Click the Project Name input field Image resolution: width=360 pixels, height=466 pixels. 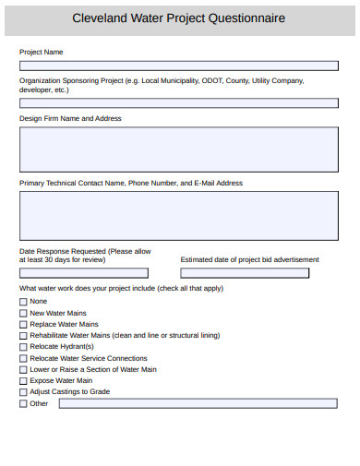coord(179,66)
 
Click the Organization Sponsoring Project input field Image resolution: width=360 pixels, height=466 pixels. coord(179,103)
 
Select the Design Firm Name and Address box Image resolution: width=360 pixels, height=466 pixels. coord(179,149)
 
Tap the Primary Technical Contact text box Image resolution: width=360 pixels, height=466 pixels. coord(179,215)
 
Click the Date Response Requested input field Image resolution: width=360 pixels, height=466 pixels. coord(84,273)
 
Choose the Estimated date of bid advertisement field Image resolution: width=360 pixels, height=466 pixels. coord(245,273)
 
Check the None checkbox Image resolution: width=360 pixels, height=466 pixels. coord(23,302)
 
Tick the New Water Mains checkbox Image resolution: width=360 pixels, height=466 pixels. coord(23,314)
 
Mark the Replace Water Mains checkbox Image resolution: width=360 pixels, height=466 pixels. coord(23,325)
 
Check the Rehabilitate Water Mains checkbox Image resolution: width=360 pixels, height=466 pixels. coord(23,336)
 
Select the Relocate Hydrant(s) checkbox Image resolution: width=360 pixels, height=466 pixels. coord(23,347)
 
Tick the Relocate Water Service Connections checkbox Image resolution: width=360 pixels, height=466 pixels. coord(23,358)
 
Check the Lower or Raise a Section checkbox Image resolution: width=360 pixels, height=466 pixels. coord(23,369)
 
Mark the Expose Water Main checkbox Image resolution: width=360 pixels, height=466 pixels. coord(23,380)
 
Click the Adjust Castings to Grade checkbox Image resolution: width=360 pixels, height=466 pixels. coord(23,392)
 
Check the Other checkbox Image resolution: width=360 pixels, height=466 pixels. coord(23,403)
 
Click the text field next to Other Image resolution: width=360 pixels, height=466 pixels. coord(198,403)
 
